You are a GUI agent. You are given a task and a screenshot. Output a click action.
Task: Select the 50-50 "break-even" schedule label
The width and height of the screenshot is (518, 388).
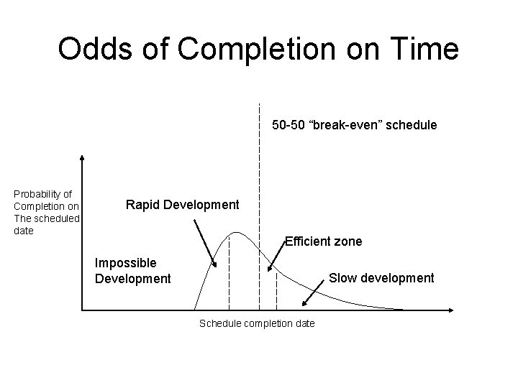pos(354,125)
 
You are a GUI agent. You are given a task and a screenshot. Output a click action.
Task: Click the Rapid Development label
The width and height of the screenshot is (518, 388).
pos(182,205)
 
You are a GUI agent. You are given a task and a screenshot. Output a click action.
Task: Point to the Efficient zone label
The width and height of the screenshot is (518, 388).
pos(323,241)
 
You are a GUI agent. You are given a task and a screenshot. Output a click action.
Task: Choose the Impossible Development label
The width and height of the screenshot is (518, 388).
pos(133,271)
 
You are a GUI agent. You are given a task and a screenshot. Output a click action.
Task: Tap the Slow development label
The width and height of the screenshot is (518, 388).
pos(381,277)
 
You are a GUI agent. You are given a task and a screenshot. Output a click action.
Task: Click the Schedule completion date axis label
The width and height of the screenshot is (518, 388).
pos(256,323)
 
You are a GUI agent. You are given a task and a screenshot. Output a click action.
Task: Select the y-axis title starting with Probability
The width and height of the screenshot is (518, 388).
pos(46,212)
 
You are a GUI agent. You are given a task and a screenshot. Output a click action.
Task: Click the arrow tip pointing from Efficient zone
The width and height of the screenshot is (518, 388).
pos(268,272)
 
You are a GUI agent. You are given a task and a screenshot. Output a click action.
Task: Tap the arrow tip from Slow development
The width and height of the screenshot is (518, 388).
pos(303,306)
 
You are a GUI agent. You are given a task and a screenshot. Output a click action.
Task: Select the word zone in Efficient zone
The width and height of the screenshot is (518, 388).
pos(347,241)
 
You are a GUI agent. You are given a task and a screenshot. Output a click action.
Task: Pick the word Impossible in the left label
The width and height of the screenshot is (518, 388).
pos(126,264)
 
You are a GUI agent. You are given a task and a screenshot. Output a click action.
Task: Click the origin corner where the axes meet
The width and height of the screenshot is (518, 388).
pos(83,310)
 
